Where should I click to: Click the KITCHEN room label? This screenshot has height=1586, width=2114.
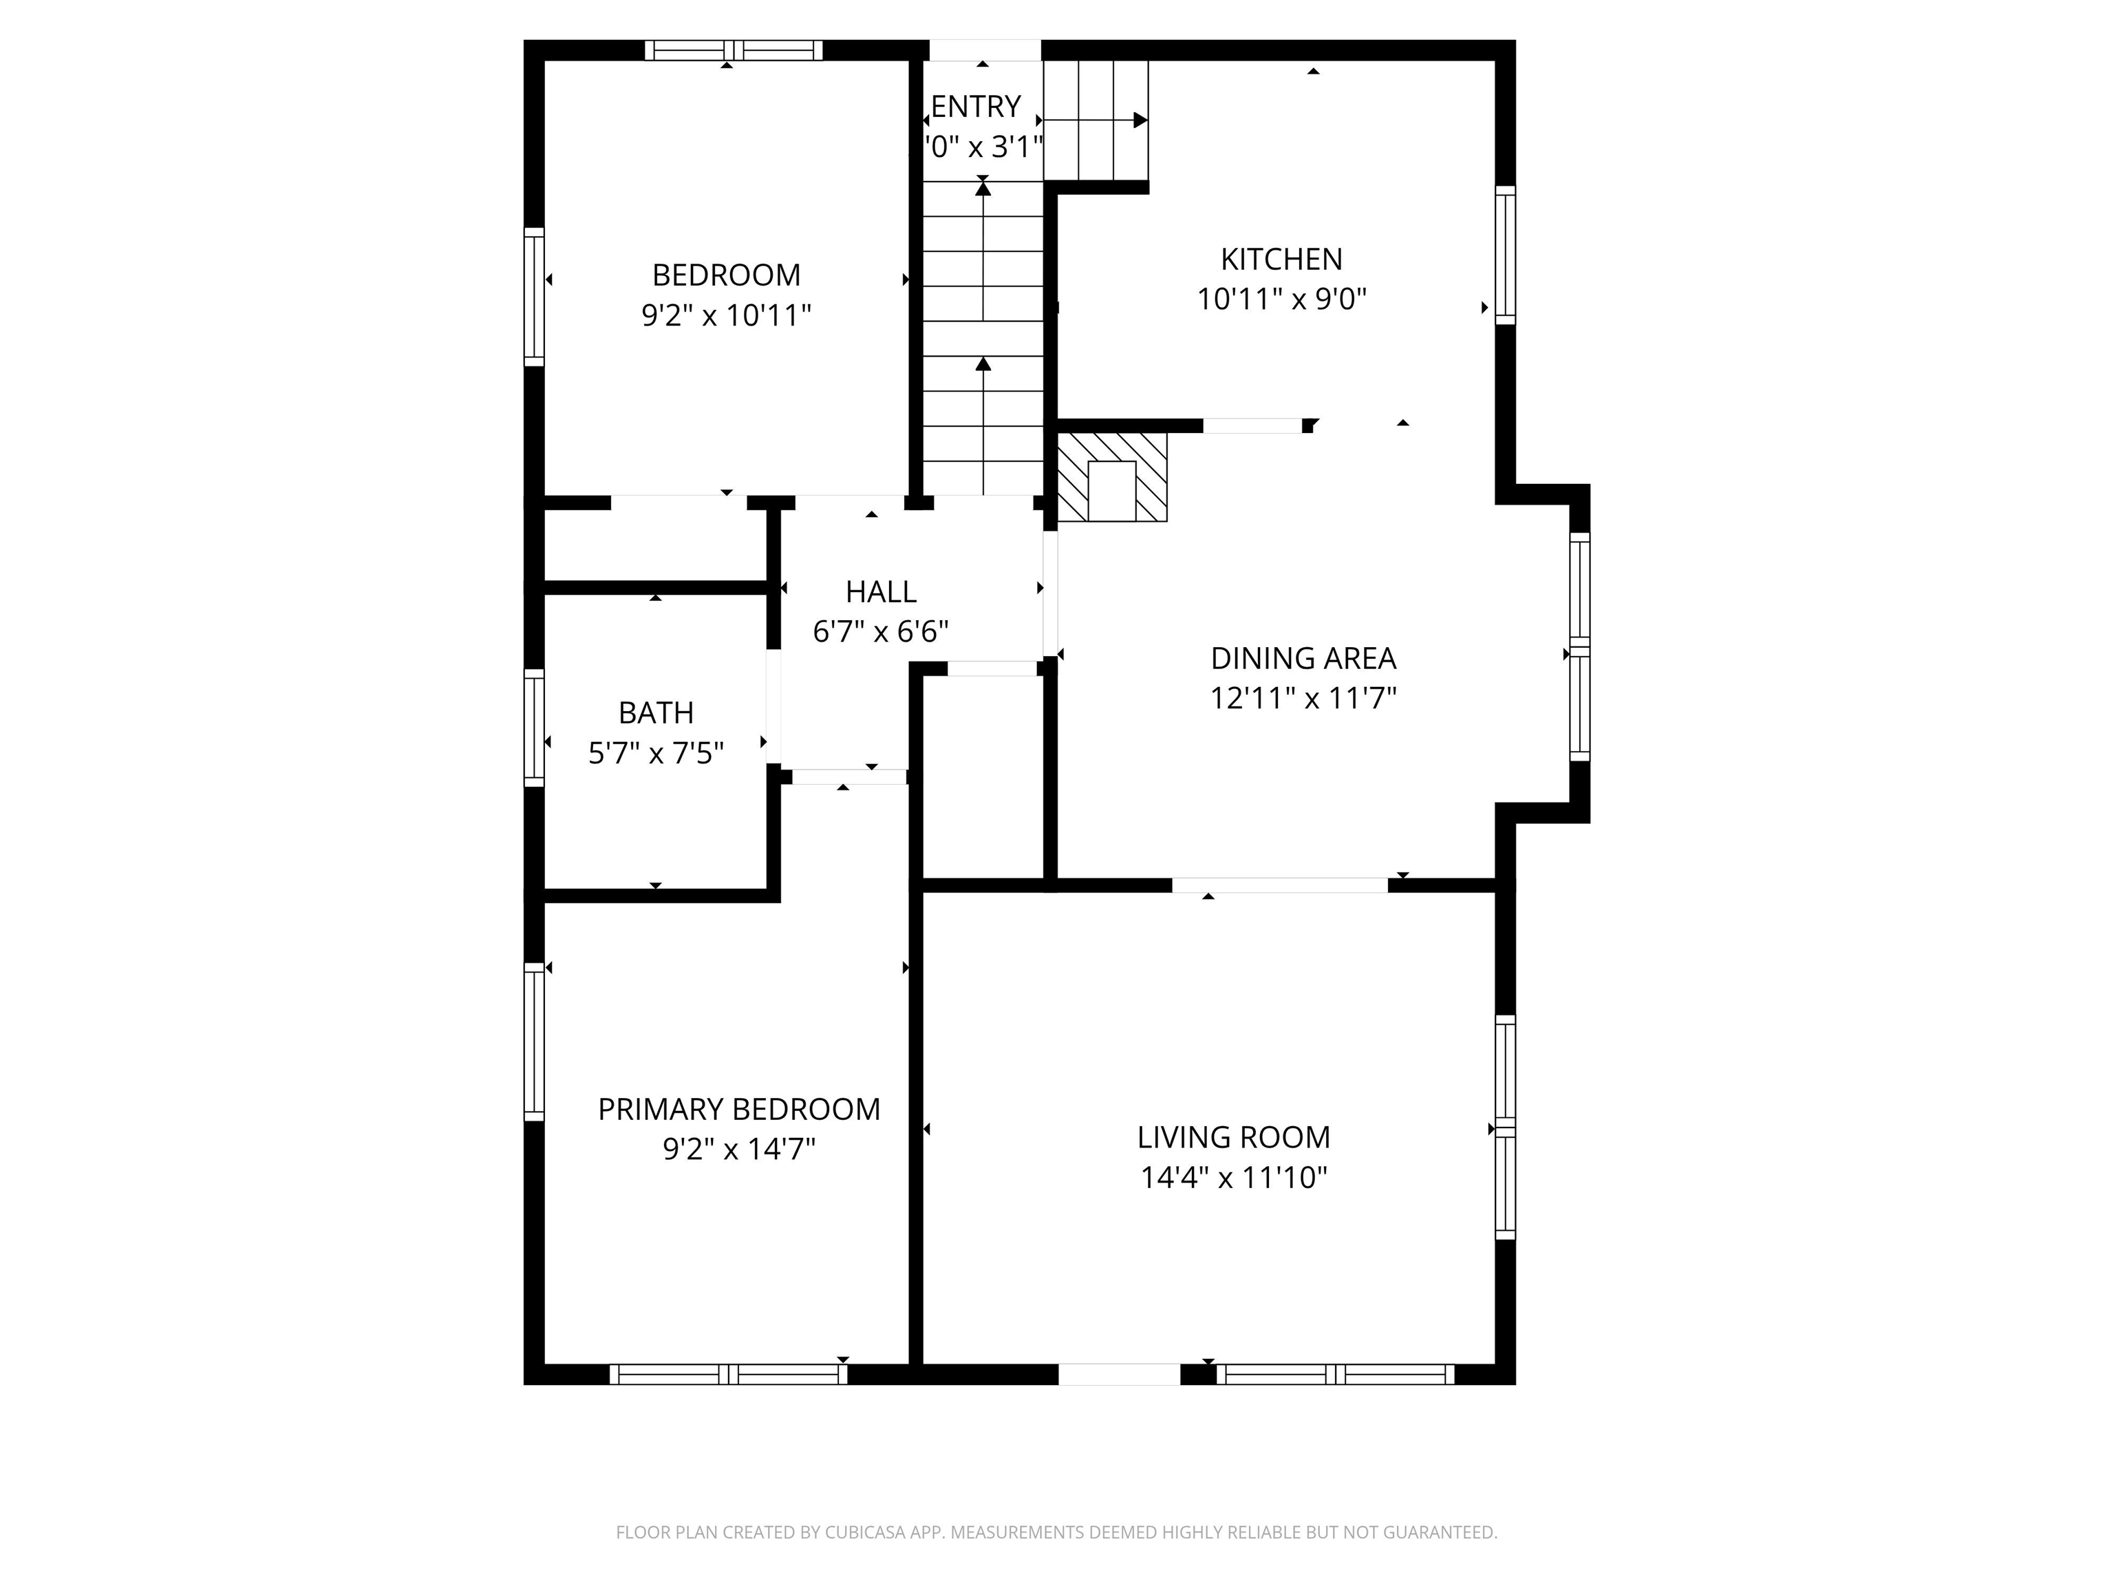[x=1281, y=259]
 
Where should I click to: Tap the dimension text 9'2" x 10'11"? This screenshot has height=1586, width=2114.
[x=726, y=315]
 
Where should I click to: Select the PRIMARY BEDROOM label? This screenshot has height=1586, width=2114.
[x=739, y=1109]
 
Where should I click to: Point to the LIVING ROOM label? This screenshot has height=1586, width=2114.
[x=1233, y=1136]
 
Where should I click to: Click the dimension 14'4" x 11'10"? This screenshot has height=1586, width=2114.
[x=1233, y=1178]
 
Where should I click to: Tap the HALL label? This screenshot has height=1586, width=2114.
[x=880, y=592]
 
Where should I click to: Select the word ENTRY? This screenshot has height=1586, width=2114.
[x=976, y=106]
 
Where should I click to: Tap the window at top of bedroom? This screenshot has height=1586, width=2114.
[x=733, y=51]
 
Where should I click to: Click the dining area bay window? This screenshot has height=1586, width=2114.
[x=1579, y=647]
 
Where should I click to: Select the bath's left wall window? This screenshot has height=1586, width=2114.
[x=534, y=728]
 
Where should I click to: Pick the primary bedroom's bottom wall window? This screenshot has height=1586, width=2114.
[x=728, y=1374]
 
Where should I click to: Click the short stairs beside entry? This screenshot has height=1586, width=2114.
[x=1096, y=120]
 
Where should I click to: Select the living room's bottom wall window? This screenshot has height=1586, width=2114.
[x=1334, y=1374]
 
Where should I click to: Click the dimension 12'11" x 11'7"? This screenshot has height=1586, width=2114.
[x=1303, y=699]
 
